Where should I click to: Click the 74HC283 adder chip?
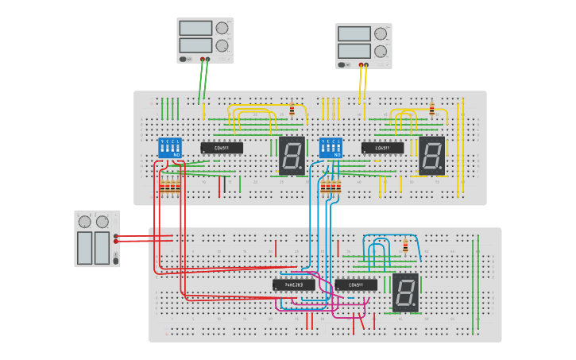(293, 285)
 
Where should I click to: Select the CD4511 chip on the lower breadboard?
(356, 285)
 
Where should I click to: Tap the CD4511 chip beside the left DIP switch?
(222, 148)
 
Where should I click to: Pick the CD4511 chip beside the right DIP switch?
(382, 148)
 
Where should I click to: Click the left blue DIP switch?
(170, 147)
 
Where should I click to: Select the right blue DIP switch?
(331, 148)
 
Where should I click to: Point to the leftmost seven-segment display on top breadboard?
(292, 156)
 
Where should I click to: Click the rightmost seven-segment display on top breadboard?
(431, 156)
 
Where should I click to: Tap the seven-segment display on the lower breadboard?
(404, 292)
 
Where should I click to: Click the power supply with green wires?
(204, 40)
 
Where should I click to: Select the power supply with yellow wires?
(363, 45)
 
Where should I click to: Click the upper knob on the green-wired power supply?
(222, 28)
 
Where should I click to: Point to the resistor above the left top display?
(292, 110)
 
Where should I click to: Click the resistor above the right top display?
(431, 110)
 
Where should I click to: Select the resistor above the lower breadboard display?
(405, 246)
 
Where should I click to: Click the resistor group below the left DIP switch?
(169, 188)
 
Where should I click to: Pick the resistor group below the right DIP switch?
(331, 188)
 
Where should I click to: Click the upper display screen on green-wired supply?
(195, 29)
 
